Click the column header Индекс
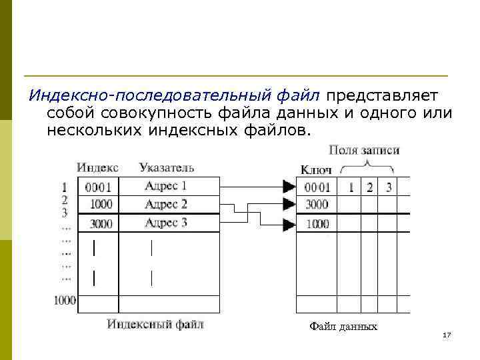97,167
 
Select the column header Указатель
167,167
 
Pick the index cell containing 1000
101,205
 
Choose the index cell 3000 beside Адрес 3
101,223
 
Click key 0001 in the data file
317,187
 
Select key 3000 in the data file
317,205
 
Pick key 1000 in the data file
317,225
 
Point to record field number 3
389,187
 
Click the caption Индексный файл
155,325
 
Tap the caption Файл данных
343,327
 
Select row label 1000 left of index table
65,301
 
